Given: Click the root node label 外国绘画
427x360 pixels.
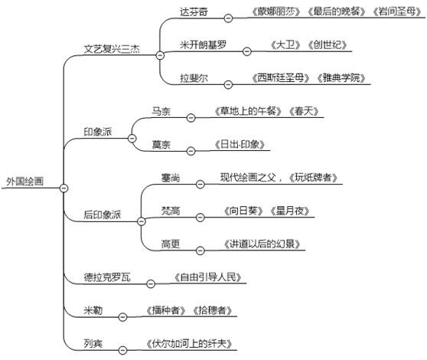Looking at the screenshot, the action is pos(24,182).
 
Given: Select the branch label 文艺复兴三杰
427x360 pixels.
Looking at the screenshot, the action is pos(112,49).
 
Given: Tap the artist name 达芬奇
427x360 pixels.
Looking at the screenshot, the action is pos(194,12).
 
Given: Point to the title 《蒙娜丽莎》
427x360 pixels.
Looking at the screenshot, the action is pos(276,11).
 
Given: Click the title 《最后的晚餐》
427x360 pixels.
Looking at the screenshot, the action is pos(337,11).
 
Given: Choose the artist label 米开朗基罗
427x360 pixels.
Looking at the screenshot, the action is pos(203,45).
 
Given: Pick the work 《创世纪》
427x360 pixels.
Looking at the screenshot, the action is pos(328,45).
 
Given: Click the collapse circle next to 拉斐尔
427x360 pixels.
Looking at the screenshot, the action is pos(228,84).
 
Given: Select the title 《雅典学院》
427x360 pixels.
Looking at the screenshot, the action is pos(341,78).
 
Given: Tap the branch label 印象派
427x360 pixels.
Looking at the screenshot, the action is pos(98,132).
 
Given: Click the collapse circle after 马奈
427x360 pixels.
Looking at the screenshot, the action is pos(191,118).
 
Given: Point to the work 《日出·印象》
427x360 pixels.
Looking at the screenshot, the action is pos(240,145).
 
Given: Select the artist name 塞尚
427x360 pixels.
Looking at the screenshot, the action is pos(171,178).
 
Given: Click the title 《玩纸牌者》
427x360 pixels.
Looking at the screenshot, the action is pos(313,178).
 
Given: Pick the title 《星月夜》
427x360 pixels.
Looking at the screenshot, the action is pos(290,211).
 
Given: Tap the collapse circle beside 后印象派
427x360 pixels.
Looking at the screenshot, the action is pos(142,221).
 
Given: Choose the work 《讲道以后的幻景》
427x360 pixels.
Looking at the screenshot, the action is pos(262,244).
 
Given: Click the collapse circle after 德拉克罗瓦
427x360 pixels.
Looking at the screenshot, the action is pos(151,283).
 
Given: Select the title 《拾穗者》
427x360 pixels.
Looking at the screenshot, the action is pos(213,310).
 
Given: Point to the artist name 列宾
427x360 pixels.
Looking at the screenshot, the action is pos(93,344).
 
